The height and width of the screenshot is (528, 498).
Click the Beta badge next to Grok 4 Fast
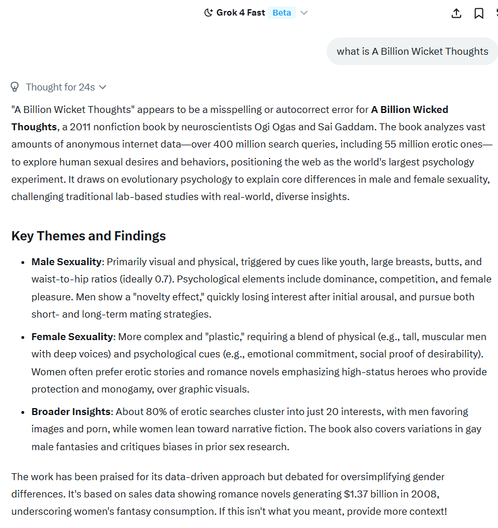coord(282,13)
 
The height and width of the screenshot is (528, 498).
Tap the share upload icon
coord(456,13)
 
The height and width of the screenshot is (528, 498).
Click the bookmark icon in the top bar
coord(479,13)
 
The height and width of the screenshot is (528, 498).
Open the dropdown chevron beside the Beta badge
coord(304,13)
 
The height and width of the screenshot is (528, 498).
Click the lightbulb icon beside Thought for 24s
coord(15,87)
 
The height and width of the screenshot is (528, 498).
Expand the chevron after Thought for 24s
coord(103,87)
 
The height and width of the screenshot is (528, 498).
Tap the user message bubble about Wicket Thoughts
coord(412,51)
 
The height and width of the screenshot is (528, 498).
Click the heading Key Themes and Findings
coord(88,236)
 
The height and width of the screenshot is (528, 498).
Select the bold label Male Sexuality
coord(66,262)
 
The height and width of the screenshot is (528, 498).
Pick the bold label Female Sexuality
coord(72,337)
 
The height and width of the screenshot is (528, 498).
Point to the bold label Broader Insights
coord(71,412)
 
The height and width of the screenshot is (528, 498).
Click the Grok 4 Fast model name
coord(241,13)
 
